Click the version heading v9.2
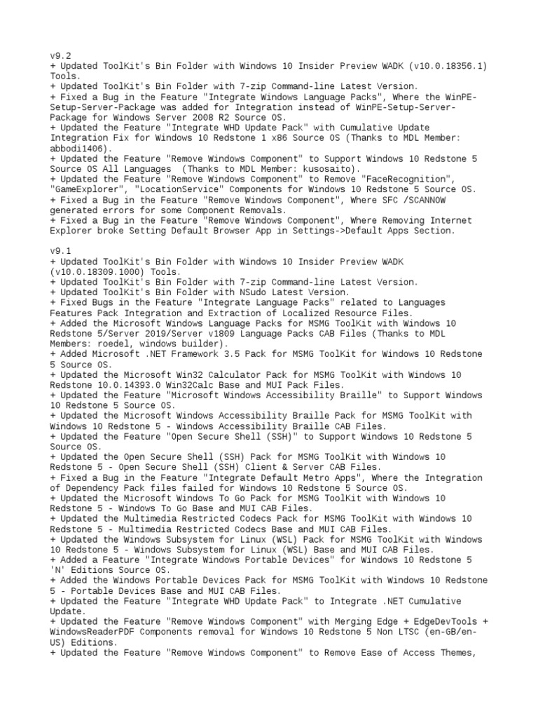point(60,55)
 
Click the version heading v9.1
point(60,252)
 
